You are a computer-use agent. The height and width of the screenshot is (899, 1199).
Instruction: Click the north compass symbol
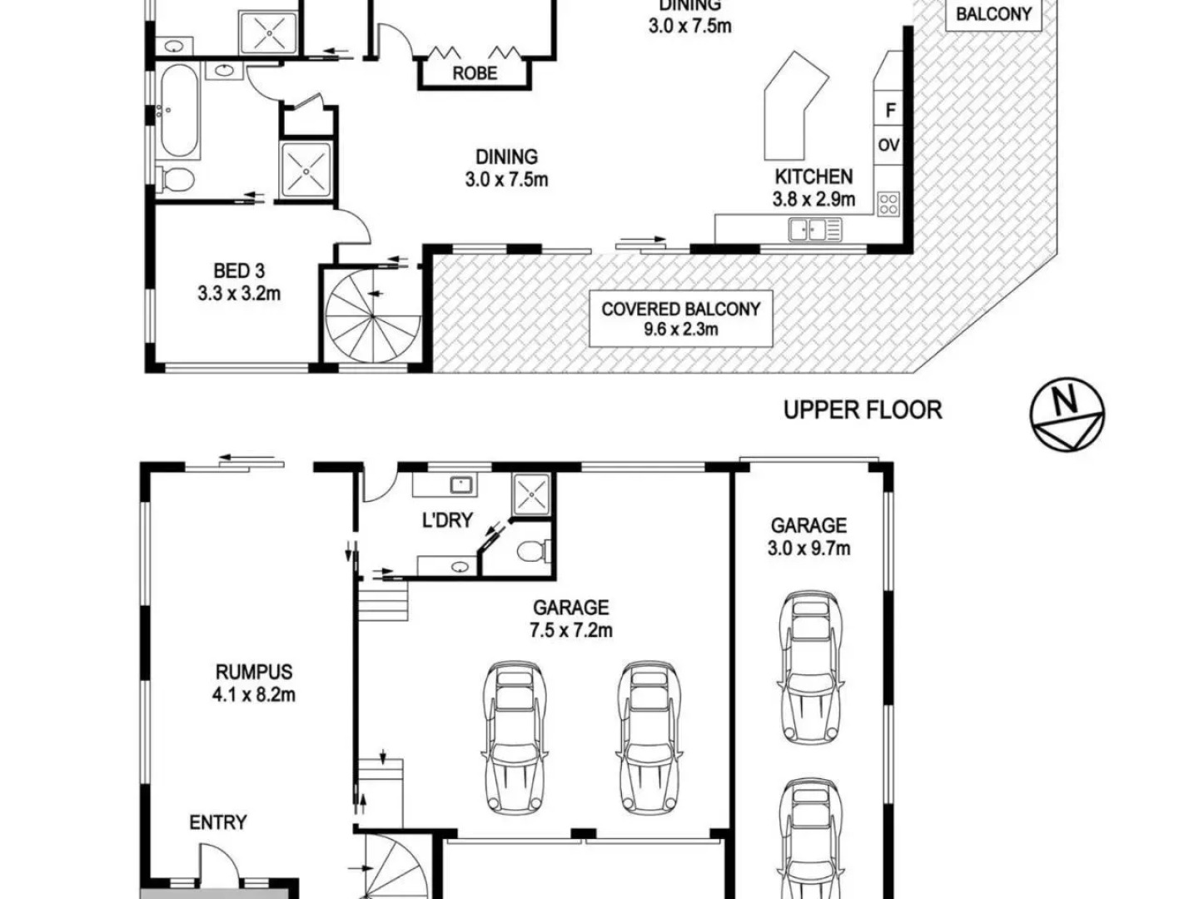point(1067,415)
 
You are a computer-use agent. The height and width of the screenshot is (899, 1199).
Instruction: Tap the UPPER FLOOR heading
point(863,410)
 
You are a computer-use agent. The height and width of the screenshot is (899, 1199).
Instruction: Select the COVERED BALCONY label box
point(680,319)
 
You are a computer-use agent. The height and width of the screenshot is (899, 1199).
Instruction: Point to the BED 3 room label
point(239,271)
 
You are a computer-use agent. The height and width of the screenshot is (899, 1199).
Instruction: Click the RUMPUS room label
point(254,672)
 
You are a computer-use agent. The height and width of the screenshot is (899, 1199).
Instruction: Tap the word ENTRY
point(218,822)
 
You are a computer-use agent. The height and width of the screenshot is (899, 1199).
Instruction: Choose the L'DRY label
point(447,520)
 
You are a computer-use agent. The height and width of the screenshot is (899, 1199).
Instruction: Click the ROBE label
point(475,73)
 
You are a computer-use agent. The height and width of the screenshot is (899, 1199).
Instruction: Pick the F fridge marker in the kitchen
point(890,111)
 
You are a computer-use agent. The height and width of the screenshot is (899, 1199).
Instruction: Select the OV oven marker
point(888,145)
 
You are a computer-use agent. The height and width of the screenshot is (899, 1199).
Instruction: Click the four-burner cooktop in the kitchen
point(888,204)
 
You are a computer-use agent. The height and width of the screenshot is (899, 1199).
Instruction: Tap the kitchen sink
point(815,230)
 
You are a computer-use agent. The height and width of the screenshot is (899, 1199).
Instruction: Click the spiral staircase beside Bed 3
point(372,315)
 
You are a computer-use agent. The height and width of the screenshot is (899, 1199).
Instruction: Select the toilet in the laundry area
point(534,551)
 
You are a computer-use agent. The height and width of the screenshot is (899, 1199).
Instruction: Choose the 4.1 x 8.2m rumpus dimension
point(254,695)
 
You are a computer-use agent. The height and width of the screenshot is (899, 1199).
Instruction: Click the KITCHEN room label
point(813,176)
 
